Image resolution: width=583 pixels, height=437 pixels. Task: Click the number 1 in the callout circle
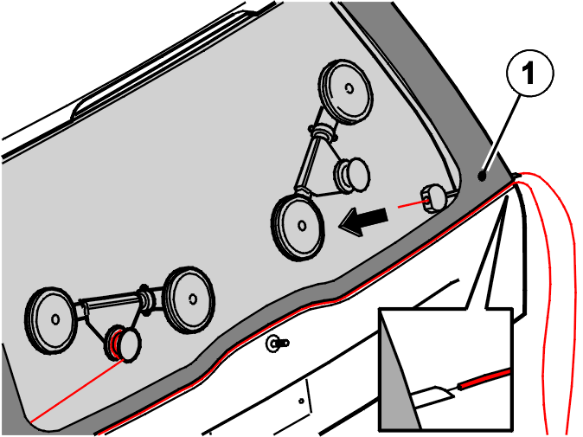tap(529, 73)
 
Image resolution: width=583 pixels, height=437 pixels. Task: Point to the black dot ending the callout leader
tap(483, 177)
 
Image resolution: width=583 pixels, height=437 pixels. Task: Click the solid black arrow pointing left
tap(363, 221)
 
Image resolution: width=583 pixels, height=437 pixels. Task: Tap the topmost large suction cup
tap(346, 92)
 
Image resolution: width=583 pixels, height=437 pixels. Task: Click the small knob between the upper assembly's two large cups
tap(352, 175)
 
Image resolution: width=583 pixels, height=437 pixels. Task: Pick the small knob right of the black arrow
tap(435, 197)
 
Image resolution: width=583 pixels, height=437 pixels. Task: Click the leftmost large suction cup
tap(51, 320)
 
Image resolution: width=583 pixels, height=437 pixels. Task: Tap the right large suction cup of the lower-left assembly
tap(189, 299)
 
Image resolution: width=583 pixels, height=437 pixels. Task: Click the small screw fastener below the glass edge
tap(277, 344)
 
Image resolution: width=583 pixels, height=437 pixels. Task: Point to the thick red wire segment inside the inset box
tap(484, 379)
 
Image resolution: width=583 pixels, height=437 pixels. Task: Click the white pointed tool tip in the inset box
tap(433, 396)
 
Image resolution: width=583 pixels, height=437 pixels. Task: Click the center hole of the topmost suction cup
tap(349, 88)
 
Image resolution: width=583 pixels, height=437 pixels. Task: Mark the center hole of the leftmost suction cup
tap(55, 319)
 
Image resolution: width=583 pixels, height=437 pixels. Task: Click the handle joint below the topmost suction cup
tap(323, 132)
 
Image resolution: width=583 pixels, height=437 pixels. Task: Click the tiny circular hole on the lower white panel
tap(301, 402)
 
